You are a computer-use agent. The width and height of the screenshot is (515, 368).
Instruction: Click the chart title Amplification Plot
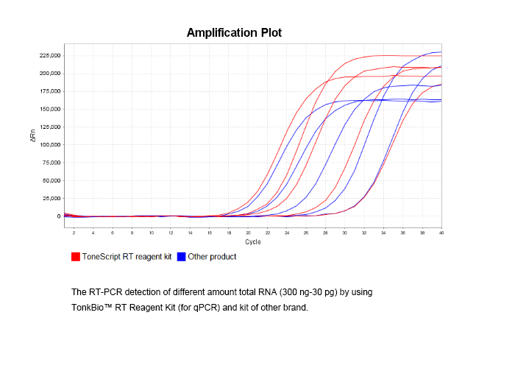[x=234, y=32]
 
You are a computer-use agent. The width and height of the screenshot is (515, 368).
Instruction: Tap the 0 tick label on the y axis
[x=57, y=216]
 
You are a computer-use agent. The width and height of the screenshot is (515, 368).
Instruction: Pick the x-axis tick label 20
[x=248, y=233]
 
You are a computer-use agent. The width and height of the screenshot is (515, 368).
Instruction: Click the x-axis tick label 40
[x=441, y=233]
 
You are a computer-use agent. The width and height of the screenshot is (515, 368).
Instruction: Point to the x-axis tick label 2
[x=74, y=233]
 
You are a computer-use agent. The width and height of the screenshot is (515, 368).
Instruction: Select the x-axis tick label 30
[x=345, y=233]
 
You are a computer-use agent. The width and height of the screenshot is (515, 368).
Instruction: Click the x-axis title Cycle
[x=253, y=241]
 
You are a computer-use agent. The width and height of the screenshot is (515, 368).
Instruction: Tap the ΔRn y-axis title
[x=33, y=136]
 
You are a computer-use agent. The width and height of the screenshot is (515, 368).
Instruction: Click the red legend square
[x=75, y=257]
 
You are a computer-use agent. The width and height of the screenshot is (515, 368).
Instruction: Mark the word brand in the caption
[x=295, y=307]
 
